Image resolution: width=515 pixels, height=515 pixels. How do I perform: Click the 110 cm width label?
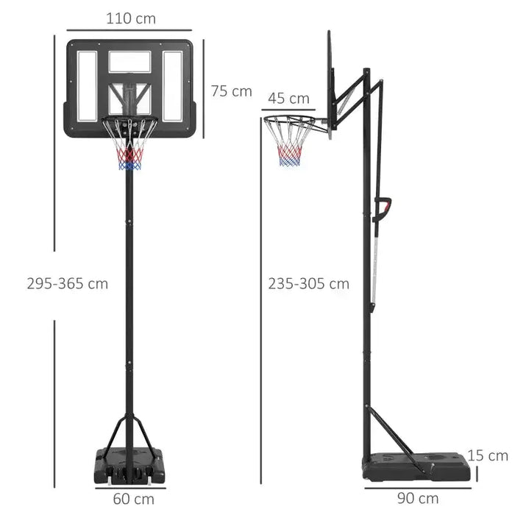(x=131, y=18)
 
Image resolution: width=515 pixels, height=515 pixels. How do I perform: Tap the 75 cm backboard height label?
(x=231, y=91)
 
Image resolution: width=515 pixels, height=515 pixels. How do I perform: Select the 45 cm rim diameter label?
(x=288, y=98)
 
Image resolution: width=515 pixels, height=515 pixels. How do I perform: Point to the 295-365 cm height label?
(x=67, y=283)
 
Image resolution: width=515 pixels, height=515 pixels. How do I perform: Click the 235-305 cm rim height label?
(x=308, y=283)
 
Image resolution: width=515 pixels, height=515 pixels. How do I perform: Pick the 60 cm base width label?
(x=134, y=498)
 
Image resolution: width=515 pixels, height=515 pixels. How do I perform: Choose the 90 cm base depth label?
(x=418, y=498)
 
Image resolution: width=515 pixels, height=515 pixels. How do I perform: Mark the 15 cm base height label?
(x=488, y=456)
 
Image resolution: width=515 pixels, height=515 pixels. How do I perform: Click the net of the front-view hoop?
(x=130, y=151)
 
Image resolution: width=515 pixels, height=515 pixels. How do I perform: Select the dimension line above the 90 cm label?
(x=416, y=485)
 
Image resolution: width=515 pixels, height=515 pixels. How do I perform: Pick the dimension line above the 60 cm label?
(x=133, y=486)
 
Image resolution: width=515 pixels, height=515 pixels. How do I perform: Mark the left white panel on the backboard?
(x=87, y=86)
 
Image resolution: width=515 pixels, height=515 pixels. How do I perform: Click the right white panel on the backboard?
(x=173, y=86)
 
